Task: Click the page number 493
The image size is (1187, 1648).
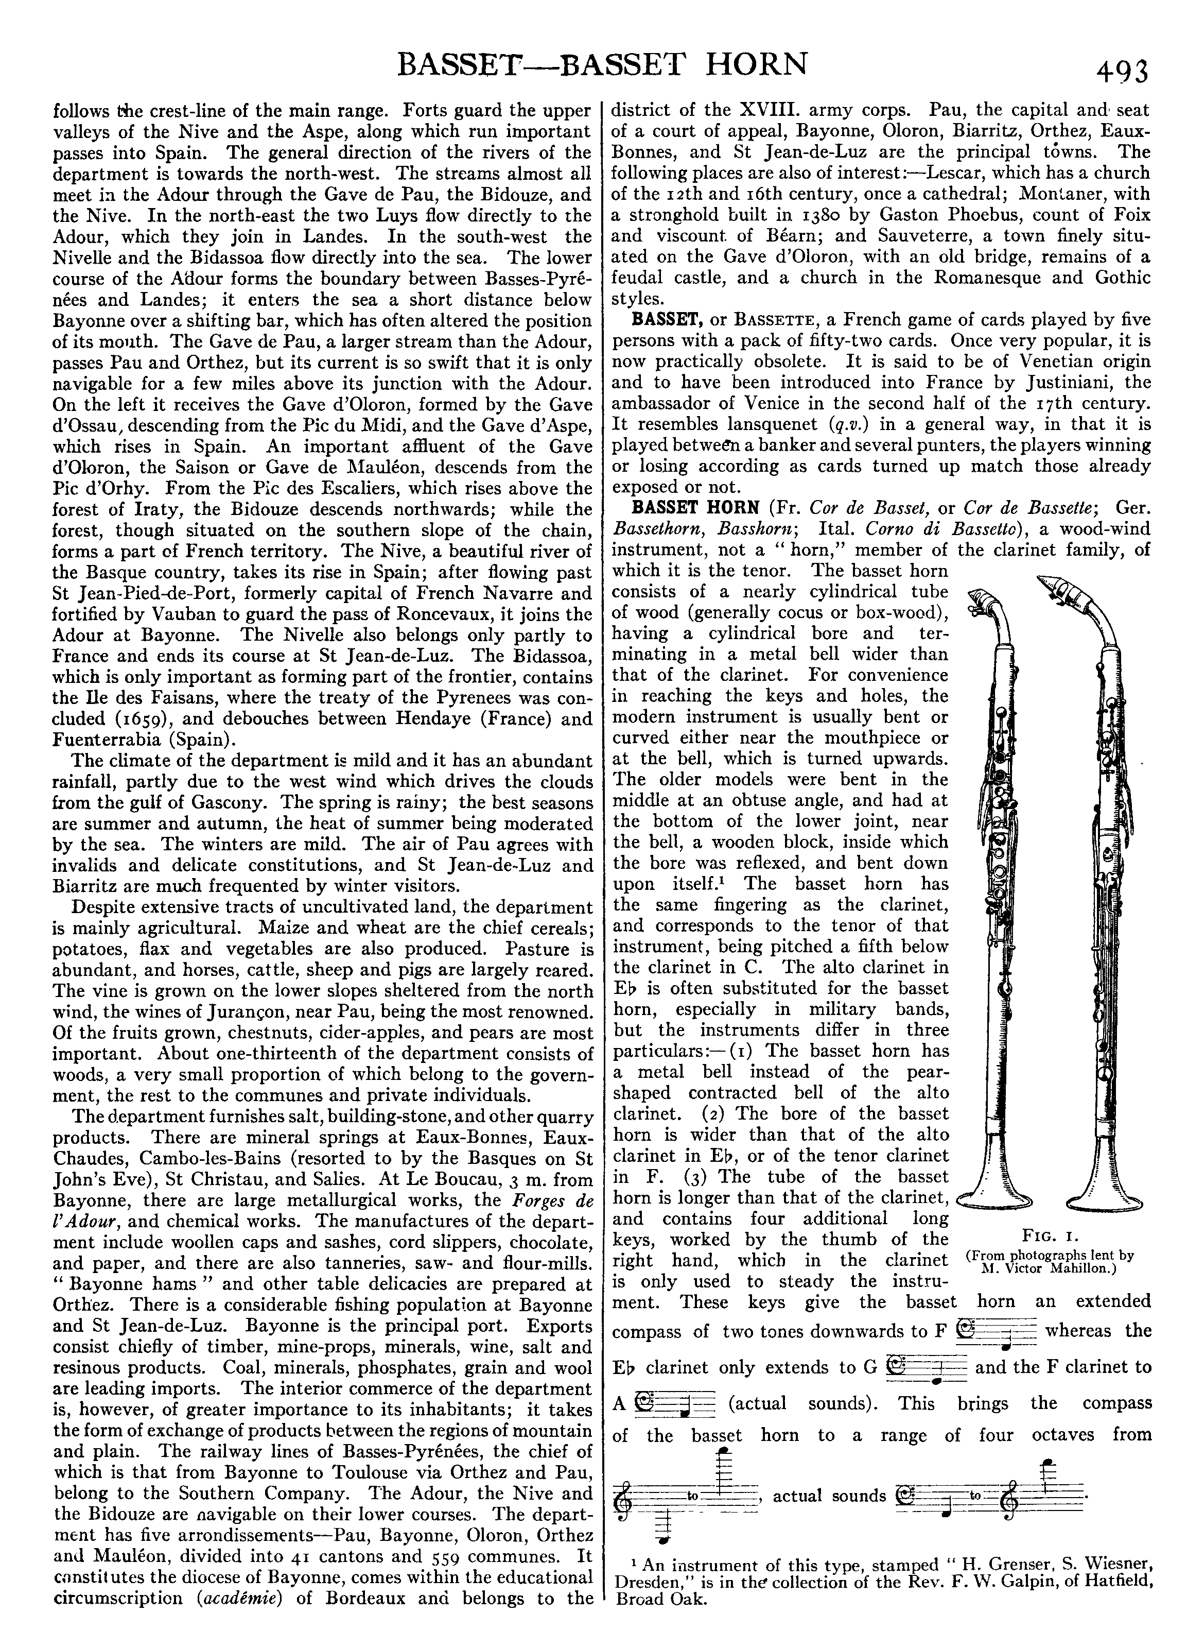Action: tap(1122, 72)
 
